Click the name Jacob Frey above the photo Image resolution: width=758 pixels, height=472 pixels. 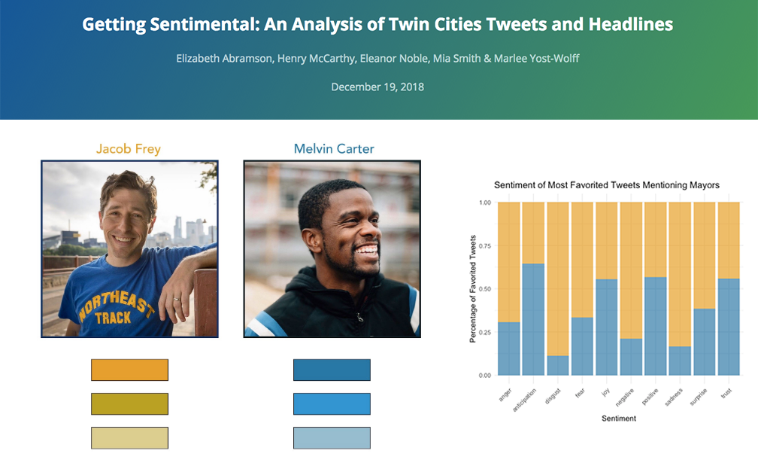[128, 148]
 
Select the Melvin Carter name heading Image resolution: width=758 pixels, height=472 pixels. [334, 148]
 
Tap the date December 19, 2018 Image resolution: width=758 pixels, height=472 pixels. [377, 87]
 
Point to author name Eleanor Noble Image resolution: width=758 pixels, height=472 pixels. [394, 59]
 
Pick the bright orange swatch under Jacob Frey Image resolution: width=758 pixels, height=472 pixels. [129, 370]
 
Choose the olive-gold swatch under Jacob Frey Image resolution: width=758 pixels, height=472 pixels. [129, 403]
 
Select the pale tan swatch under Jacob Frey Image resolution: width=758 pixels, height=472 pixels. [129, 437]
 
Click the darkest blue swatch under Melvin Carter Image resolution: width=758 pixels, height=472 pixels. [332, 370]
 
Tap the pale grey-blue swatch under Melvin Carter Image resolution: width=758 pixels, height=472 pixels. [332, 437]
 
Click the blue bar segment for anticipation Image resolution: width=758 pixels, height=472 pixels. [533, 319]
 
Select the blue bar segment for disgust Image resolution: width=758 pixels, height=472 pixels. [558, 366]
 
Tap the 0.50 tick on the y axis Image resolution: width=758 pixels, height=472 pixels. [485, 289]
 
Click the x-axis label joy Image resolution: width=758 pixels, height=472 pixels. [605, 392]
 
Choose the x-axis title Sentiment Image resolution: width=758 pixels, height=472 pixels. [619, 419]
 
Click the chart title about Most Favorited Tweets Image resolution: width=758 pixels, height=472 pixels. [607, 185]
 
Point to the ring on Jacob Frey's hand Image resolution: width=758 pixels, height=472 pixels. [177, 299]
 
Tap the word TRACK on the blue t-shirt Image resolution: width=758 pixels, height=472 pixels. [113, 318]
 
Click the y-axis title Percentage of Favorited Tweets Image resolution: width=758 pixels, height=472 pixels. [473, 289]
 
